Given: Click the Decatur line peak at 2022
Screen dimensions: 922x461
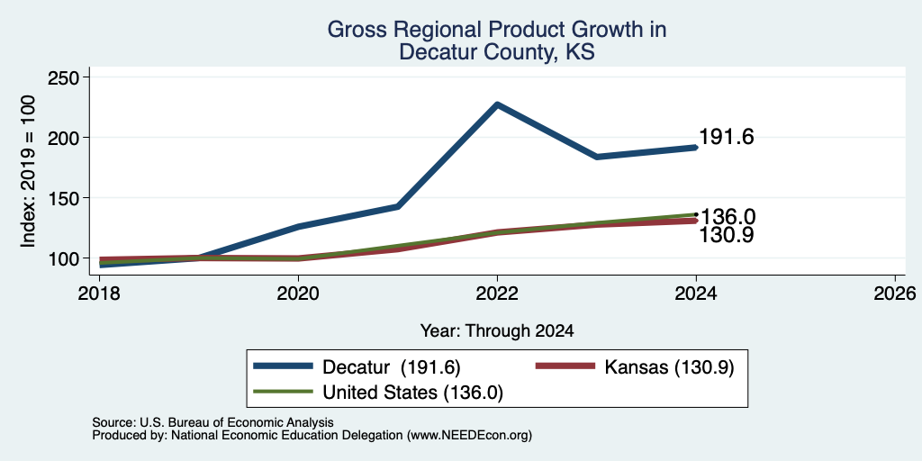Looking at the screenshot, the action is (497, 104).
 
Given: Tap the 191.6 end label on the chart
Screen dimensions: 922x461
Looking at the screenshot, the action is (727, 137).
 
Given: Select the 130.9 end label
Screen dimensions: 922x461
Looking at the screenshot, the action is (727, 235).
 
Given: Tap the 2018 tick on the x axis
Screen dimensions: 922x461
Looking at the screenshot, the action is (99, 294).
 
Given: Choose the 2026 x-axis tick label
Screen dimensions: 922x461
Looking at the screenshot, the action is (895, 294).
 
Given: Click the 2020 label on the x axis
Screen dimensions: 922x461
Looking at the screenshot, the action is (298, 294).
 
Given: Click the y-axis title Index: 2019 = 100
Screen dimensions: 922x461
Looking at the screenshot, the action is (28, 171).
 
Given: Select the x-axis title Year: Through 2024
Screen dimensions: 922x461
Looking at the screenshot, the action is (497, 331).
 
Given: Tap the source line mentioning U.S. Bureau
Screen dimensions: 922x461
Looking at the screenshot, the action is (212, 422).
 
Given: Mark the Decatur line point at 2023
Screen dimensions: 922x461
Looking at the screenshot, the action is (597, 157).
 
